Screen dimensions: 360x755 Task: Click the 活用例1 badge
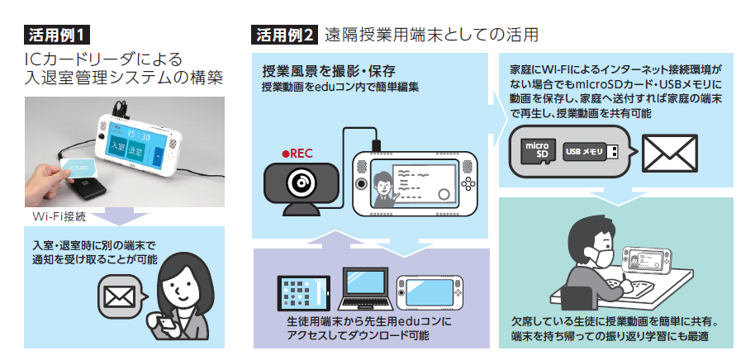pos(56,36)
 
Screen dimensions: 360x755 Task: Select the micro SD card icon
pos(537,151)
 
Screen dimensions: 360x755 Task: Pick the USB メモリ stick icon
pos(591,152)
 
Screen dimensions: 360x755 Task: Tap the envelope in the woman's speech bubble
pos(120,292)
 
